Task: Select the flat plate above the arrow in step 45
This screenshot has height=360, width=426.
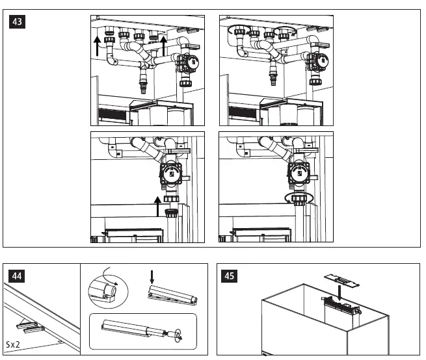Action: coord(342,277)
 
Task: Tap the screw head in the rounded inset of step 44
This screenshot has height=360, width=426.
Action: coord(174,335)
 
